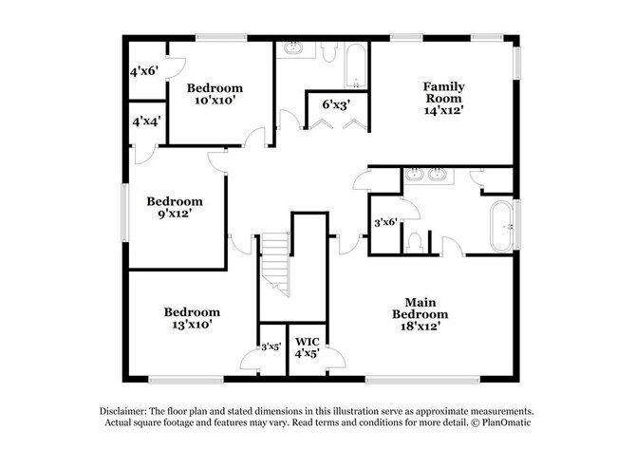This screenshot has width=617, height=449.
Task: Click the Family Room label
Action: click(442, 91)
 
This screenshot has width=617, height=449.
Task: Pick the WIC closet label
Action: click(307, 341)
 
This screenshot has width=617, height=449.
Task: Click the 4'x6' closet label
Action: click(145, 70)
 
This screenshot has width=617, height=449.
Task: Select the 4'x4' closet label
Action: click(145, 122)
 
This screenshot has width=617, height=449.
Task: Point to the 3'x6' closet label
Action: click(385, 222)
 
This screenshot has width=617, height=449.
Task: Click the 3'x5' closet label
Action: click(271, 346)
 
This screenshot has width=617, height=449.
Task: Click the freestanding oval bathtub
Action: click(500, 226)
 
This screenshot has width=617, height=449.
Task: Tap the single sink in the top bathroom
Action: click(293, 47)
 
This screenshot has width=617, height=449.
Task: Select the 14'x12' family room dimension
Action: click(442, 109)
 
